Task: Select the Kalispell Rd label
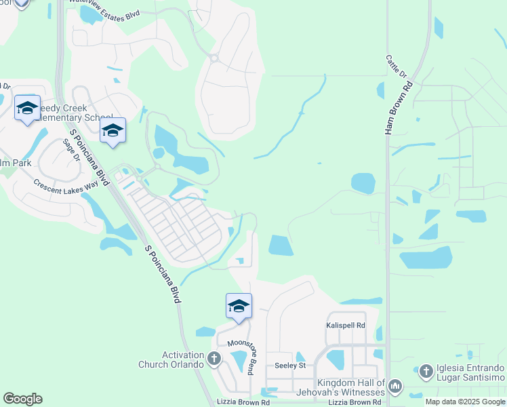pos(346,326)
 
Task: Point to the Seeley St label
pos(290,365)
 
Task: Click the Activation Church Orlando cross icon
pos(214,358)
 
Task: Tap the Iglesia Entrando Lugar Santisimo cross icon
pos(426,371)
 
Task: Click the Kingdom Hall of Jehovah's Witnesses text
pos(341,387)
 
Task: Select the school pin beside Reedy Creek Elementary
pos(27,109)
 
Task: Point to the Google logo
pos(22,399)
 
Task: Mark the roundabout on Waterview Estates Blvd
pos(214,58)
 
